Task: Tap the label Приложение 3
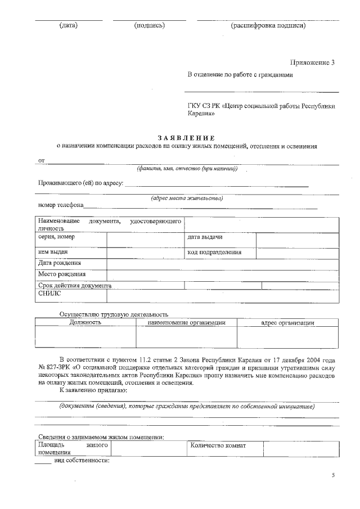coord(312,62)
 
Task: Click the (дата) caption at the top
coord(68,25)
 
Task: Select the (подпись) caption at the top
coord(149,25)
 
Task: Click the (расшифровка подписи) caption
coord(268,25)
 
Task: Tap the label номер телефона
coord(61,205)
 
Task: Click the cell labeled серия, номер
coord(56,237)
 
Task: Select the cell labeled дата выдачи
coord(205,237)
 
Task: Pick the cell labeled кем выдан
coord(53,253)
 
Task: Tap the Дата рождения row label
coord(60,263)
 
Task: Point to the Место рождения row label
coord(62,274)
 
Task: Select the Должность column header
coord(85,323)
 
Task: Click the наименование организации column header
coord(186,323)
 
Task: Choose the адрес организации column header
coord(287,323)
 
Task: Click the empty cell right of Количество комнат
coord(301,448)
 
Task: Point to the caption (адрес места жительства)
coord(187,198)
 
